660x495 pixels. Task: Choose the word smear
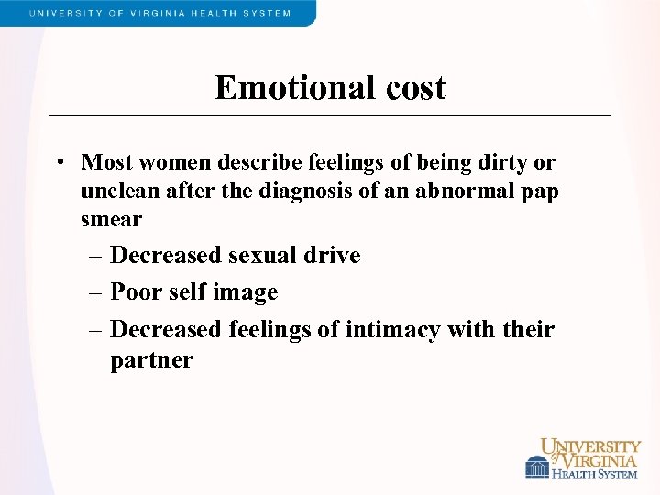coord(111,219)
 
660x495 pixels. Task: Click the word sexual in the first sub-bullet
coord(264,255)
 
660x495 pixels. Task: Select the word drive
coord(334,255)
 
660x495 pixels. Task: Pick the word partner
coord(151,359)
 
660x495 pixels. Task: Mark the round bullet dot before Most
coord(59,163)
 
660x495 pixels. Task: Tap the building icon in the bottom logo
coord(537,467)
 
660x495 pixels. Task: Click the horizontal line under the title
coord(330,115)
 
